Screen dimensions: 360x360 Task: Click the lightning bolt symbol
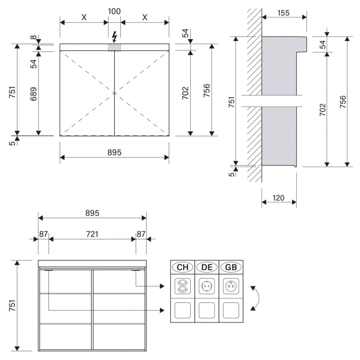[x=114, y=37]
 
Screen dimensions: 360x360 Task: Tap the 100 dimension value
[x=114, y=11]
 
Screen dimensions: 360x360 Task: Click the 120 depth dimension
[x=279, y=197]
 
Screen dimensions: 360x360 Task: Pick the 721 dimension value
[x=92, y=234]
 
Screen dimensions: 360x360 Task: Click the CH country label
[x=183, y=267]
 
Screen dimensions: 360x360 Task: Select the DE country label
[x=207, y=267]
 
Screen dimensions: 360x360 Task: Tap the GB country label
[x=231, y=267]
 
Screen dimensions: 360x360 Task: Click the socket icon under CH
[x=183, y=286]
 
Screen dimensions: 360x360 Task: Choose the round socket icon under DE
[x=207, y=286]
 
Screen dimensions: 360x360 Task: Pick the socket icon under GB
[x=231, y=286]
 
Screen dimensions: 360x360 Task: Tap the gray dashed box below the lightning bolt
[x=114, y=47]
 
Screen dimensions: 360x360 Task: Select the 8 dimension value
[x=33, y=38]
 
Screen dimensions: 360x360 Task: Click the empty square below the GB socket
[x=231, y=310]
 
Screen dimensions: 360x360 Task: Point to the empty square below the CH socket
[x=183, y=310]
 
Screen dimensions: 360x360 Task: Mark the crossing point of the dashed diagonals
[x=114, y=93]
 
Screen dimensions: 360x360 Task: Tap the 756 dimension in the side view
[x=343, y=102]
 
